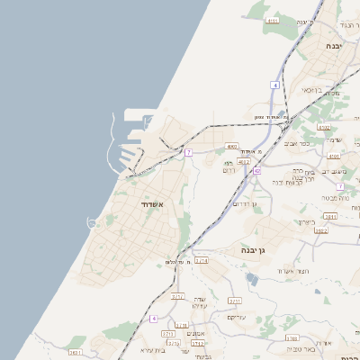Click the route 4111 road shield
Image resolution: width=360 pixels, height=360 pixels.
pos(273,19)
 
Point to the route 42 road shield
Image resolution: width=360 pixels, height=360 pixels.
pos(257,170)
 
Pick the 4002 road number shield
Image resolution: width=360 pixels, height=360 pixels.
pos(232,146)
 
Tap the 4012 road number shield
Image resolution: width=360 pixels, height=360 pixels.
pos(243,162)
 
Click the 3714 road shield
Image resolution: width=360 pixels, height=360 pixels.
pos(201,260)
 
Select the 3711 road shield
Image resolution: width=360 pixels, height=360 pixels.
pos(235,301)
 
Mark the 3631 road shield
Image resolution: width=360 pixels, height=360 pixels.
pos(75,352)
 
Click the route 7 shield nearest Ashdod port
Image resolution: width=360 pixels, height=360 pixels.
pos(188,153)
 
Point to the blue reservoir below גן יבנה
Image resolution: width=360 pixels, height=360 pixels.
pos(252,280)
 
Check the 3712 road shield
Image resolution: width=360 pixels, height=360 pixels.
pos(177,296)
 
